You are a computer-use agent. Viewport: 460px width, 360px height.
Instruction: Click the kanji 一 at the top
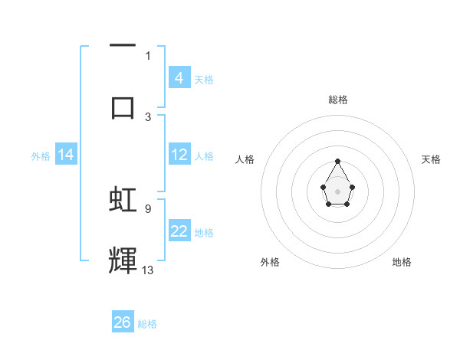[x=123, y=45]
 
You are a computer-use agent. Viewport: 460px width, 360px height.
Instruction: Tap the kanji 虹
[x=123, y=199]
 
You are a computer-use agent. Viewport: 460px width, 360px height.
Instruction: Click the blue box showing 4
[x=179, y=77]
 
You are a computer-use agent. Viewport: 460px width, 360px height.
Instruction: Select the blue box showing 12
[x=179, y=155]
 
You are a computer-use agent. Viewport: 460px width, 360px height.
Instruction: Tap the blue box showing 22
[x=179, y=231]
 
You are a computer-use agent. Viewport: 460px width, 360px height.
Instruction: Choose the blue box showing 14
[x=66, y=155]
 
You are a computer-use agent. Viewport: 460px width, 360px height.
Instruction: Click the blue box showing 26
[x=123, y=322]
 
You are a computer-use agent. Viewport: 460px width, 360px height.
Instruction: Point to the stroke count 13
[x=148, y=270]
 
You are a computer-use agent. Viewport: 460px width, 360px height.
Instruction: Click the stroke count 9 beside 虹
[x=148, y=208]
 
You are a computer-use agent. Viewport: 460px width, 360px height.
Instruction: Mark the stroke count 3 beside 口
[x=148, y=116]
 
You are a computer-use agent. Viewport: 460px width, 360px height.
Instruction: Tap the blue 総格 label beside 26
[x=147, y=324]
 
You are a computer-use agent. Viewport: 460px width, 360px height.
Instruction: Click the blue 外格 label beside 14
[x=41, y=156]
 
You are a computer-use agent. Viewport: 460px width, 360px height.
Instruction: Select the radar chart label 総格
[x=338, y=100]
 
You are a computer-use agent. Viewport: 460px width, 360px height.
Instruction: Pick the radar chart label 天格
[x=431, y=159]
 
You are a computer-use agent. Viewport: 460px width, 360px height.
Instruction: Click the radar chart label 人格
[x=245, y=159]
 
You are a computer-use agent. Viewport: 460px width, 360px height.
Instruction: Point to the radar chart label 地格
[x=402, y=262]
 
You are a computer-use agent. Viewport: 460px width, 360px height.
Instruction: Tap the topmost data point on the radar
[x=337, y=161]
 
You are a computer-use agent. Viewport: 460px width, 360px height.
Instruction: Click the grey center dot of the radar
[x=337, y=191]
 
